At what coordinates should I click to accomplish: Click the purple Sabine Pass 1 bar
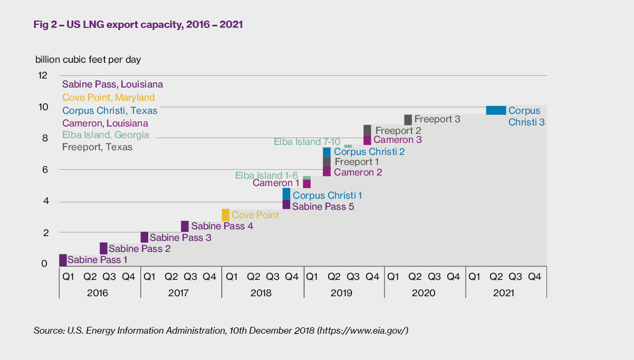pos(63,260)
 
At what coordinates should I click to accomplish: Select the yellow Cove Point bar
pos(225,215)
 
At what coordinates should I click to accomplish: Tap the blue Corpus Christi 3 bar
pos(496,110)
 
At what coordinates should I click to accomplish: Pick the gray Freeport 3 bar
pos(408,120)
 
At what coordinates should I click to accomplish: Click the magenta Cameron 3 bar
pos(367,140)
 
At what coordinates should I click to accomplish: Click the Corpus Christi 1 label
pos(327,196)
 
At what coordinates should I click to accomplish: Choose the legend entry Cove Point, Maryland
pos(108,98)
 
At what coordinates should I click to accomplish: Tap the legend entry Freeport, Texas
pos(97,148)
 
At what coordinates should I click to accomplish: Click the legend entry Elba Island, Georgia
pos(105,135)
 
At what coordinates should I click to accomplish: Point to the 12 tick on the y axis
pos(43,75)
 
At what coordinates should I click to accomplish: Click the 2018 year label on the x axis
pos(262,293)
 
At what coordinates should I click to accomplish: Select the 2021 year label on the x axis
pos(505,293)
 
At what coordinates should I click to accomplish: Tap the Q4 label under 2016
pos(128,276)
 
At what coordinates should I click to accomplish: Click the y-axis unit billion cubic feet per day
pos(88,60)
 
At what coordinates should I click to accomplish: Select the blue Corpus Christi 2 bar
pos(326,152)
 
